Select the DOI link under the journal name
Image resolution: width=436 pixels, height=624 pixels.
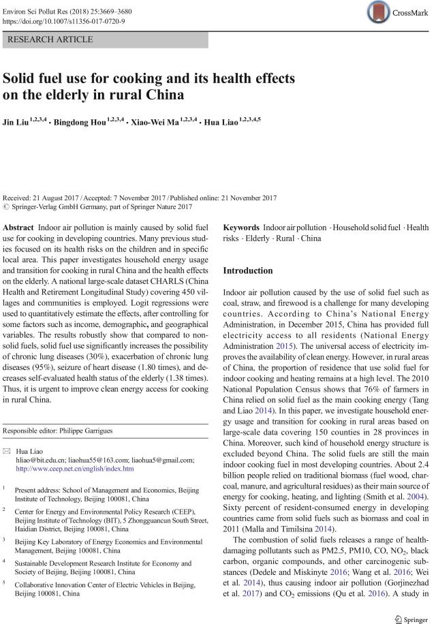coord(62,20)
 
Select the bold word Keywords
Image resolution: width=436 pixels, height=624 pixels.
coord(241,227)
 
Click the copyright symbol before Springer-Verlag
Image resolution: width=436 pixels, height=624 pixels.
coord(7,206)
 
